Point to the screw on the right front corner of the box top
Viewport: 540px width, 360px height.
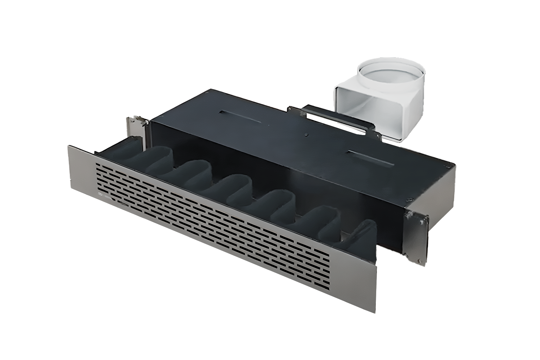pos(410,200)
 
